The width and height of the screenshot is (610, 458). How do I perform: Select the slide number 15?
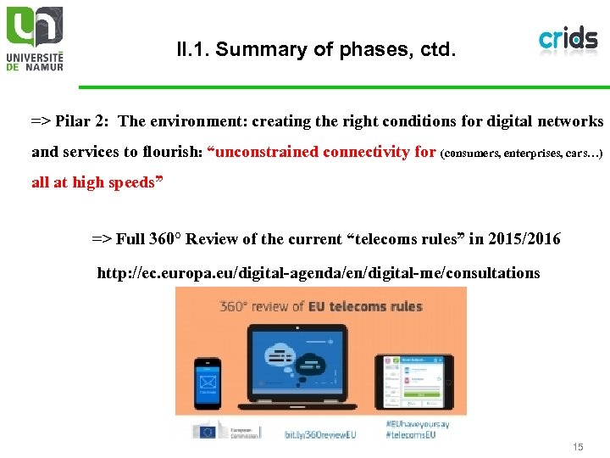[x=579, y=446]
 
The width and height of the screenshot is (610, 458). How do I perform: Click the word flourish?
[x=173, y=153]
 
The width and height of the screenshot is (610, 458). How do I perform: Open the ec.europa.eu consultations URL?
[x=319, y=273]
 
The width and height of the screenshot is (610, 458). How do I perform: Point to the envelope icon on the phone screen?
[x=207, y=382]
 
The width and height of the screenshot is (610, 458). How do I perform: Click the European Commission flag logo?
[x=206, y=432]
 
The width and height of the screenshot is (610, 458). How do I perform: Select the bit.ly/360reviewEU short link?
[x=320, y=433]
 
